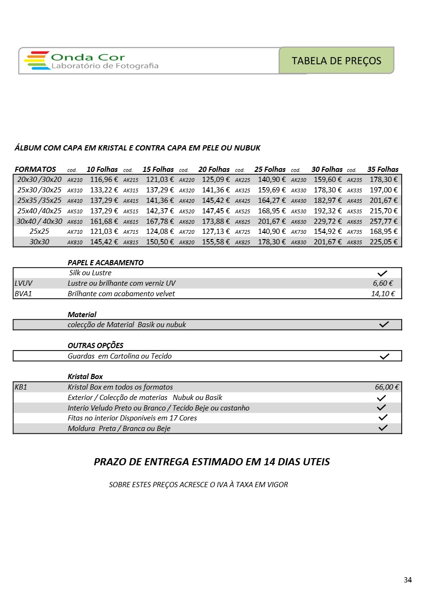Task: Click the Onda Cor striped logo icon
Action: pyautogui.click(x=36, y=60)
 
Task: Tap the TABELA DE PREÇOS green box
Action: pyautogui.click(x=336, y=61)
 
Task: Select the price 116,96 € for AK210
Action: pyautogui.click(x=104, y=180)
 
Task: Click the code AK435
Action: pyautogui.click(x=354, y=200)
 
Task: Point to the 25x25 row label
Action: pyautogui.click(x=40, y=231)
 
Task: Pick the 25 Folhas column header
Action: pyautogui.click(x=270, y=170)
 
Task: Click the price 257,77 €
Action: pyautogui.click(x=384, y=221)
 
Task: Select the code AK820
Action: pyautogui.click(x=186, y=242)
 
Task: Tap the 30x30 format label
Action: pyautogui.click(x=40, y=242)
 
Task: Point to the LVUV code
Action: pyautogui.click(x=24, y=283)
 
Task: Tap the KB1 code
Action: pyautogui.click(x=21, y=387)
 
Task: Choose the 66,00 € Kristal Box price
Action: pyautogui.click(x=386, y=387)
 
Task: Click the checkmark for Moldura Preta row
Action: pyautogui.click(x=383, y=428)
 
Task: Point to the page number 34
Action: pyautogui.click(x=407, y=580)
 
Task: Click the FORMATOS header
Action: pyautogui.click(x=35, y=170)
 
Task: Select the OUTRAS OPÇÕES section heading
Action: pyautogui.click(x=95, y=346)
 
